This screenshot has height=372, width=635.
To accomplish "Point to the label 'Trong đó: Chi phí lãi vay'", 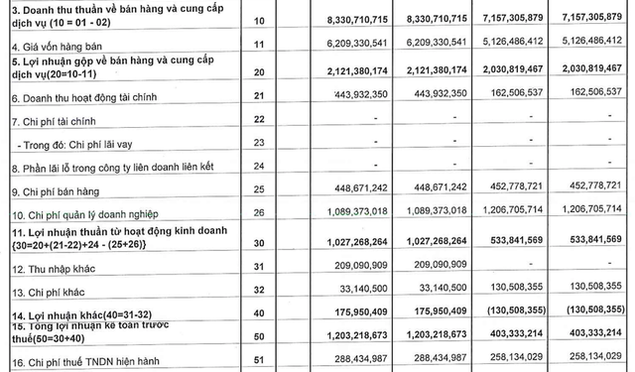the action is click(77, 142).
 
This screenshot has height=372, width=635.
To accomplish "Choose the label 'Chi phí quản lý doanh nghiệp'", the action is click(89, 212).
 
